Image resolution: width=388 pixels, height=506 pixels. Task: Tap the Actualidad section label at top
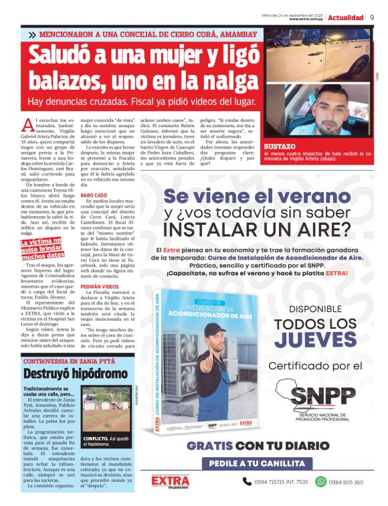(x=346, y=17)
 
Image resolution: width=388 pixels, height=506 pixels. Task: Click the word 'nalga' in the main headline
(x=213, y=82)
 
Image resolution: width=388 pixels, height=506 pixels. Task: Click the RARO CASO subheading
(x=94, y=195)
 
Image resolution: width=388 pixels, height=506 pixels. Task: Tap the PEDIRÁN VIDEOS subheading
(x=99, y=285)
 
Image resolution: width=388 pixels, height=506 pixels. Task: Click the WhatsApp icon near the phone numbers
(x=320, y=481)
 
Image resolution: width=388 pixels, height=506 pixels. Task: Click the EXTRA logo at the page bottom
(x=169, y=481)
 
